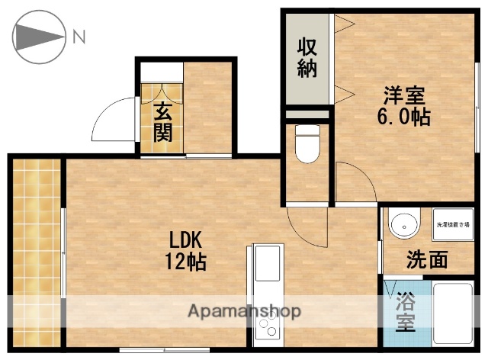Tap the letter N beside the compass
(79, 35)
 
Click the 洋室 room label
(404, 97)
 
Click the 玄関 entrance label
(162, 122)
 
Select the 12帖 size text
(185, 262)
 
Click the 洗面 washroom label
(426, 260)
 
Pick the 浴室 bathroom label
(405, 313)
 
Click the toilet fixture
(307, 145)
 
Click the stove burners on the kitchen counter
(268, 328)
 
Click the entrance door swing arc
(111, 122)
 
